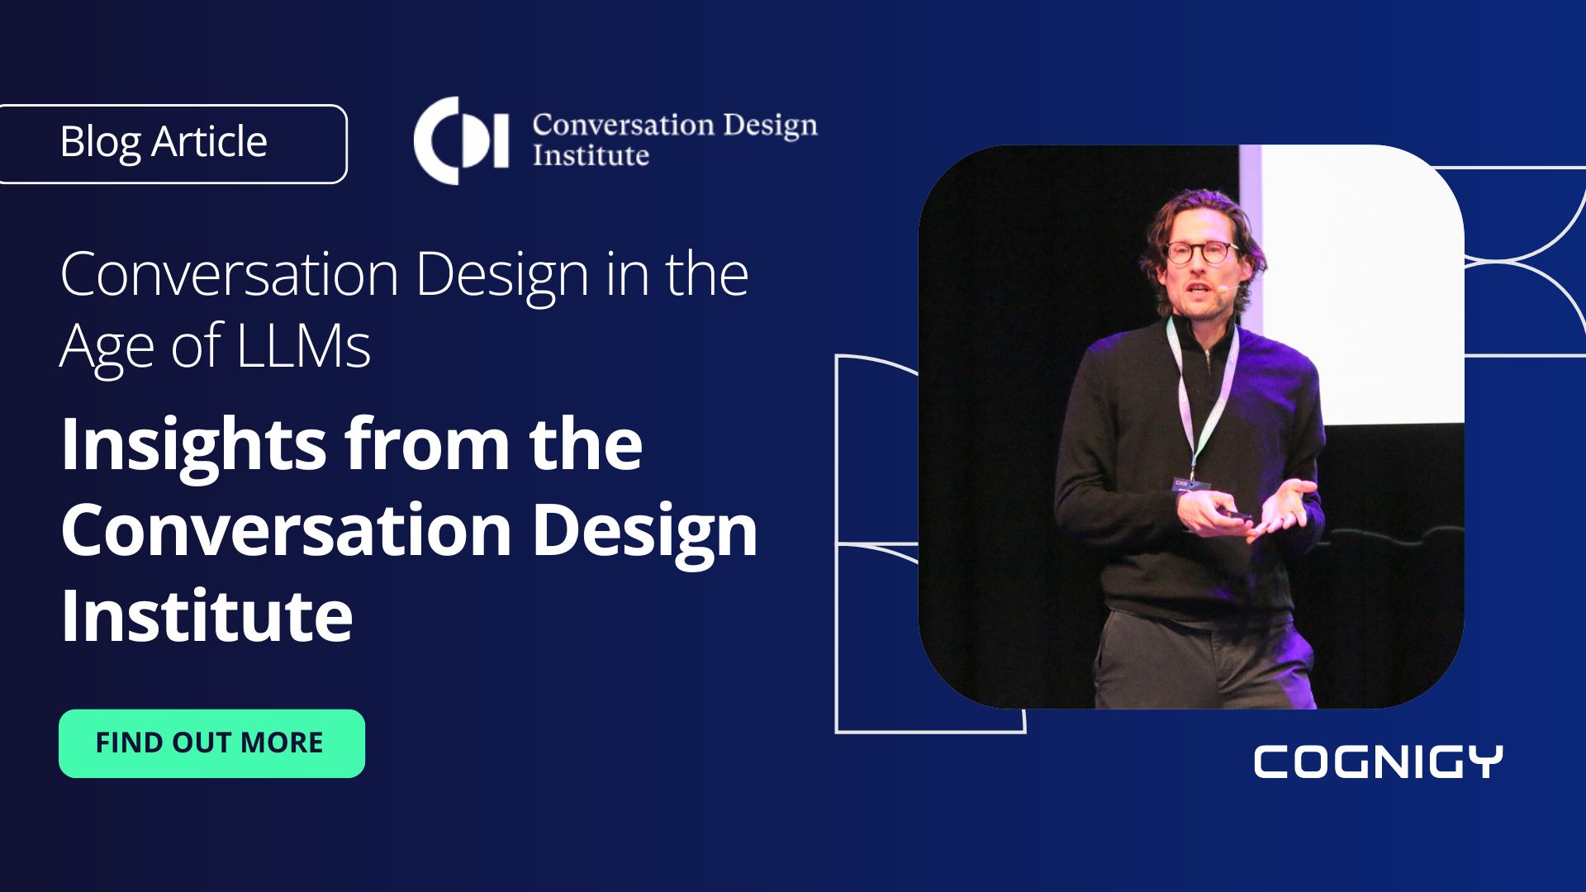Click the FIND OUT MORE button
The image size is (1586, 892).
point(211,743)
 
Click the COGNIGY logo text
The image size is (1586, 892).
point(1377,762)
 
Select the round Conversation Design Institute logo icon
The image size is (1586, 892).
point(459,140)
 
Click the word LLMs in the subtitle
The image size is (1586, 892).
point(303,345)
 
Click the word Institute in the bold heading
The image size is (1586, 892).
point(207,615)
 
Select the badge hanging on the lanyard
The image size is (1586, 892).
point(1189,484)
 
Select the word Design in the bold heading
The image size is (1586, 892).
point(644,530)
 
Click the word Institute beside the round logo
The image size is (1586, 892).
point(591,155)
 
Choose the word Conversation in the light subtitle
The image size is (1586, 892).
point(230,274)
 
